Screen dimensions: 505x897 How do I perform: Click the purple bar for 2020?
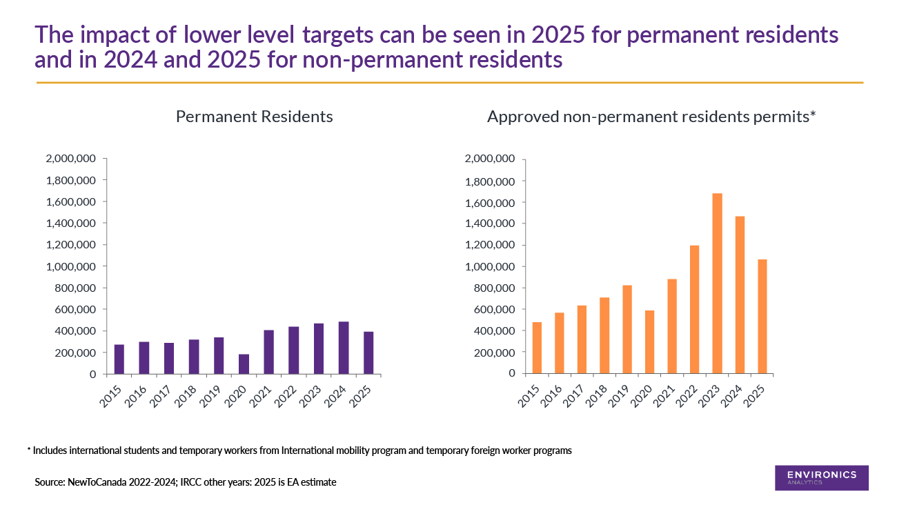click(244, 364)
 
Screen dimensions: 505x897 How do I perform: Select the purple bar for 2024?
click(344, 348)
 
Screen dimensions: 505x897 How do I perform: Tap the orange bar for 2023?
click(717, 284)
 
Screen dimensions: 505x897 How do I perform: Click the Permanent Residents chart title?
click(254, 117)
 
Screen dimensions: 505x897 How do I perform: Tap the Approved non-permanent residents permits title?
click(651, 117)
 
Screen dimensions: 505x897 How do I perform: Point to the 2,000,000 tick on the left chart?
click(71, 159)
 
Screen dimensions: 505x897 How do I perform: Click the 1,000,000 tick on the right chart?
click(490, 266)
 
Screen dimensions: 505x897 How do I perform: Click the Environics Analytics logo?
click(821, 477)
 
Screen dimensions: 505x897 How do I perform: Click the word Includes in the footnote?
click(49, 450)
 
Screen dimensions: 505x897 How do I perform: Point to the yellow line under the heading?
click(448, 83)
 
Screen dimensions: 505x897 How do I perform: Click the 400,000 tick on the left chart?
click(76, 331)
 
